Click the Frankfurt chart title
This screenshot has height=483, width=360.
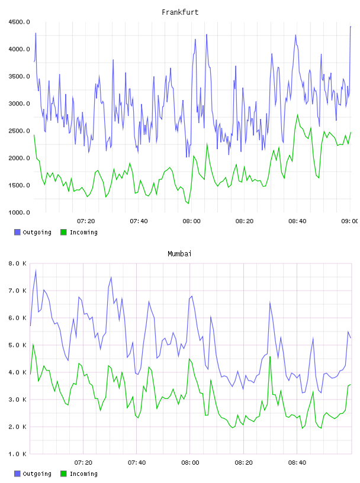point(180,12)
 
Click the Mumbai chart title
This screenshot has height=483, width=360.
point(179,254)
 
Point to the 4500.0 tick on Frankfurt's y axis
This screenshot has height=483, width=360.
point(20,22)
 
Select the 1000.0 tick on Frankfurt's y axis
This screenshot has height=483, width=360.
point(20,212)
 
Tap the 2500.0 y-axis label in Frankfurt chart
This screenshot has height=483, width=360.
point(20,131)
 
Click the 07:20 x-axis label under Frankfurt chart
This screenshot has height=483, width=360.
point(86,221)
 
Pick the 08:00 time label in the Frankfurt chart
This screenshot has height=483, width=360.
point(191,221)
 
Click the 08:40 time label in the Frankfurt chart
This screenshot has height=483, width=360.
point(297,221)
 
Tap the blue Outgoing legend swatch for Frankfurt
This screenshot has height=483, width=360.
point(17,232)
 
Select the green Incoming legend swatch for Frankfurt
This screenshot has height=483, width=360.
point(63,232)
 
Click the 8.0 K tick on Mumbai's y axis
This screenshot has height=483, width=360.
point(18,263)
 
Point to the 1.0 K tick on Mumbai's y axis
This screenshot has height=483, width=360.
point(18,454)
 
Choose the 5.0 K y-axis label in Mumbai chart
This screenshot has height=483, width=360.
point(18,345)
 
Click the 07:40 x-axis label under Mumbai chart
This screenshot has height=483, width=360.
point(137,463)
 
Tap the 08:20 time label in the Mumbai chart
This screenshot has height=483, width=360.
point(243,463)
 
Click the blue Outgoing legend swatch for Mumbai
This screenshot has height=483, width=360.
point(17,474)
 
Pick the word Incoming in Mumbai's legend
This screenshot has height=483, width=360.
point(83,474)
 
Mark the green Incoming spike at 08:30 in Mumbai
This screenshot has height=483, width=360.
point(270,357)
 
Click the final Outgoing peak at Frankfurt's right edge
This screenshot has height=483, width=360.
point(351,27)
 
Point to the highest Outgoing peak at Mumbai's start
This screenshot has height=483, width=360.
point(36,271)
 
